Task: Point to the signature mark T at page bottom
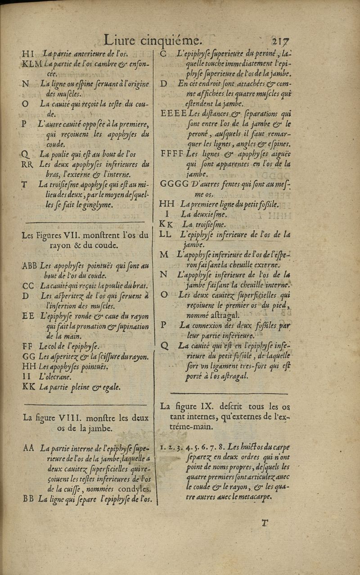265,522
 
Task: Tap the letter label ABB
30,266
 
